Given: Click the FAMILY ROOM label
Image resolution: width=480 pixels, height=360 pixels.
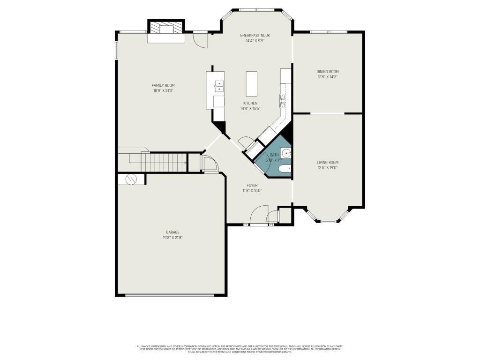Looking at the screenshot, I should [x=163, y=85].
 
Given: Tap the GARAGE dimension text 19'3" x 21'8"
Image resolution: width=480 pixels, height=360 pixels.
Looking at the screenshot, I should [x=172, y=238].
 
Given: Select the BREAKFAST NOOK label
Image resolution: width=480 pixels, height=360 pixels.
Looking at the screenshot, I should [x=255, y=36].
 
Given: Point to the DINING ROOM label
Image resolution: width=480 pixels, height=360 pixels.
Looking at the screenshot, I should [x=327, y=72].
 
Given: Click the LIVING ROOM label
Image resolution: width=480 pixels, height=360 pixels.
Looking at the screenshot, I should [x=327, y=162].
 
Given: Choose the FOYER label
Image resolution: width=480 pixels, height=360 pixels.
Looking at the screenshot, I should [x=252, y=185].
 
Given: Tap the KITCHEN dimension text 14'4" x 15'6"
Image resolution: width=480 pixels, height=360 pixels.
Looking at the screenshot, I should [x=250, y=108].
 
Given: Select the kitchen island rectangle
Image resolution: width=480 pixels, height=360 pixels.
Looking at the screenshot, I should [x=252, y=84].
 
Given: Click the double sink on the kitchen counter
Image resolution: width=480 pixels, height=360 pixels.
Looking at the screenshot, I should [x=219, y=85].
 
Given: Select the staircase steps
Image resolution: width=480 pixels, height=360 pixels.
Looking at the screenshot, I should [x=164, y=163].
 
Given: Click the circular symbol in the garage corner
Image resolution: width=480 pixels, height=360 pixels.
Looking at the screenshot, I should [x=130, y=179].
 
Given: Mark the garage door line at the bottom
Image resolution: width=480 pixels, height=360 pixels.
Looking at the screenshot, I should [x=170, y=295].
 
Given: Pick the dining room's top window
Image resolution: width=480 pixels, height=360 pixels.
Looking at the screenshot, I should [x=328, y=32].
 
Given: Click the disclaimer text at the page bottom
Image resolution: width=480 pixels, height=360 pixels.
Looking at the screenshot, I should [x=240, y=349].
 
